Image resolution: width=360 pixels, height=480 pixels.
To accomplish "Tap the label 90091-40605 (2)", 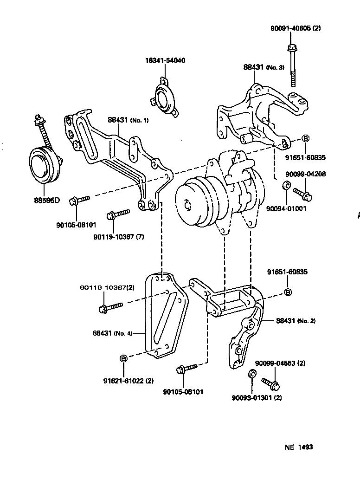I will [x=296, y=28].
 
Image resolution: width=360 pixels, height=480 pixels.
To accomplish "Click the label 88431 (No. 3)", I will [x=264, y=67].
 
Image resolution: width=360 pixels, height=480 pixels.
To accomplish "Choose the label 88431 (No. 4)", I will [x=112, y=333].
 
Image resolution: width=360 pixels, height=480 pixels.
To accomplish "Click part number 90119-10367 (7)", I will [x=118, y=237].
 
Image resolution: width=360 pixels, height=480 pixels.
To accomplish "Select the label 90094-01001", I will [x=286, y=209].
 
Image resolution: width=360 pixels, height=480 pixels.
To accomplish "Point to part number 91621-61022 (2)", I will [x=128, y=381].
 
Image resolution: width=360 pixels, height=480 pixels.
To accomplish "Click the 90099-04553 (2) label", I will [x=280, y=363].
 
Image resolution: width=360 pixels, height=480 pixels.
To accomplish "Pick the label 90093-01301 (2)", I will [x=257, y=397].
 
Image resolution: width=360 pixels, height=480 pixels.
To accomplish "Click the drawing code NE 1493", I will [x=298, y=447].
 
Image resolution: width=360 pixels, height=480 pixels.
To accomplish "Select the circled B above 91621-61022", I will [x=123, y=358].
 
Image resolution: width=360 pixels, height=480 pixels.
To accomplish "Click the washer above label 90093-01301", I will [x=251, y=374].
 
